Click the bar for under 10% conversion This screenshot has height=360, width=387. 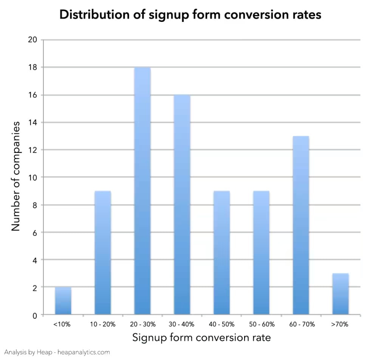click(x=63, y=301)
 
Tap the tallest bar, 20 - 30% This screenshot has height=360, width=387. click(x=142, y=191)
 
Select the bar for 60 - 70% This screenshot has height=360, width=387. click(x=301, y=225)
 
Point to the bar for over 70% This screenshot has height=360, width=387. click(x=341, y=294)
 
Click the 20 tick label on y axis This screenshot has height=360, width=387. click(x=33, y=40)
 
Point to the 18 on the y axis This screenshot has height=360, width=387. click(x=33, y=67)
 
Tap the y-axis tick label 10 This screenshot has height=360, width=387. click(x=33, y=177)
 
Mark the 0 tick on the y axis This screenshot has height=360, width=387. click(x=35, y=315)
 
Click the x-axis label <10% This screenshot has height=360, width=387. click(x=63, y=324)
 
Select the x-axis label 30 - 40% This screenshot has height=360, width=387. click(x=182, y=324)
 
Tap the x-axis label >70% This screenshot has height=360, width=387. click(x=341, y=324)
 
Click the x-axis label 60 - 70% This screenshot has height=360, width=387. click(x=301, y=324)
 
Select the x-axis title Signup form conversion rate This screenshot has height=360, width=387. click(x=201, y=337)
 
